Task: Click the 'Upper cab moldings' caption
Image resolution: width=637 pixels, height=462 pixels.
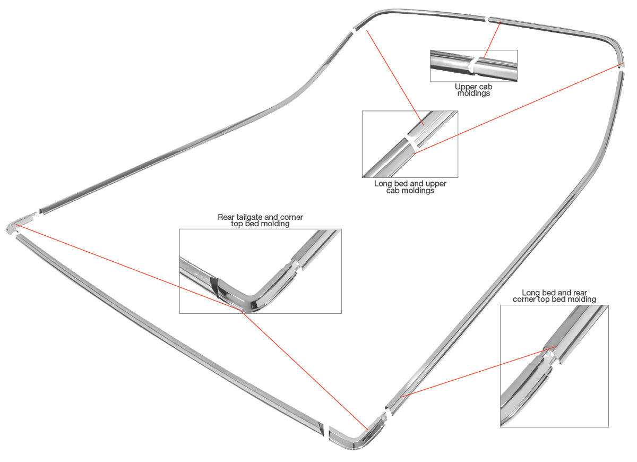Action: point(473,89)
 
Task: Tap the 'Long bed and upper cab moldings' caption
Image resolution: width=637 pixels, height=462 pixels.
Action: point(410,187)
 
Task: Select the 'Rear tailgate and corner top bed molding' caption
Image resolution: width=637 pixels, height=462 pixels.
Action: point(260,220)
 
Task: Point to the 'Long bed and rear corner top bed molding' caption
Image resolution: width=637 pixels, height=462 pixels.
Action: point(554,296)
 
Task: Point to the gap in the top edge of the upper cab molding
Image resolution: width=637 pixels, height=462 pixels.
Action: point(486,20)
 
